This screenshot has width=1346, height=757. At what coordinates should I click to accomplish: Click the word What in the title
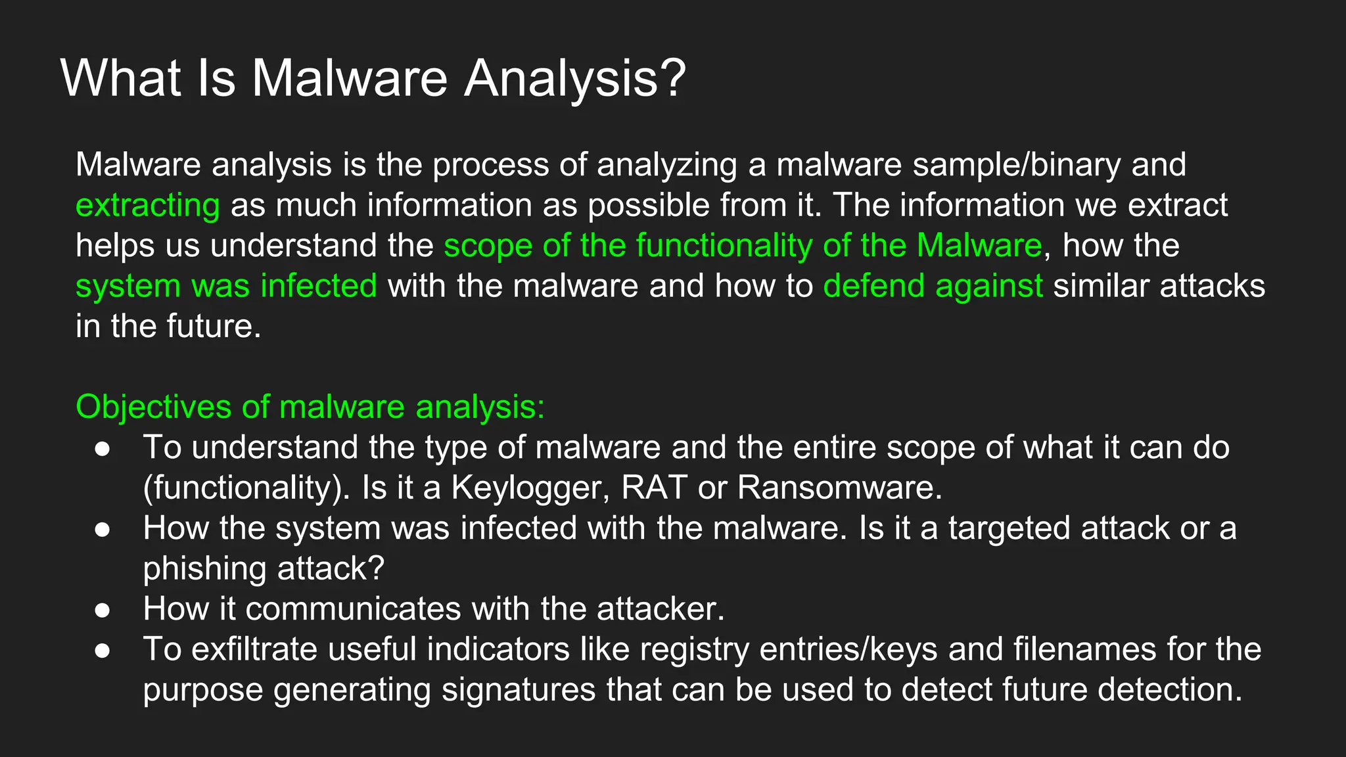[120, 78]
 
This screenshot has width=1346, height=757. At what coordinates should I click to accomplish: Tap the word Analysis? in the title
[575, 78]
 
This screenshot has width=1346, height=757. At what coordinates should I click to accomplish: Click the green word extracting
[147, 205]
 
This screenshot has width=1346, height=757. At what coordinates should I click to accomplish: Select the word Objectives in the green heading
[153, 407]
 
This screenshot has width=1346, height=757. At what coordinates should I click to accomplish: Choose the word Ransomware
[839, 488]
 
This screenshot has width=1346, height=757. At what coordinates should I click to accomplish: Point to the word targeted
[1009, 528]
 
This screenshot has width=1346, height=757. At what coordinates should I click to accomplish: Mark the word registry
[694, 649]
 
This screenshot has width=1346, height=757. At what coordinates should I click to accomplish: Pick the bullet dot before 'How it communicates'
[102, 610]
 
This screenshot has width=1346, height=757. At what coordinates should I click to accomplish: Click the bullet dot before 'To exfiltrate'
[102, 650]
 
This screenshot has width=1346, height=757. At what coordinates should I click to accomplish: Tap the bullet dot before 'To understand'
[102, 448]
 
